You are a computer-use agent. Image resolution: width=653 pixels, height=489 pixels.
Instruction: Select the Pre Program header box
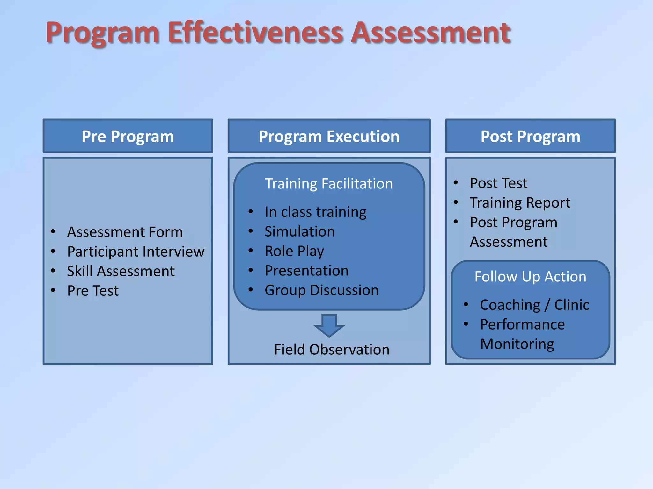pyautogui.click(x=128, y=136)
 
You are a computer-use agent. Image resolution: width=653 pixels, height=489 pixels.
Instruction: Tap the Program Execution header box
pyautogui.click(x=329, y=136)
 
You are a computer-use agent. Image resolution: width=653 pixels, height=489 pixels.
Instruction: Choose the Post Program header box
pyautogui.click(x=530, y=136)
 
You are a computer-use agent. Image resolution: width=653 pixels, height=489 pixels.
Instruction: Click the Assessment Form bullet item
pyautogui.click(x=125, y=232)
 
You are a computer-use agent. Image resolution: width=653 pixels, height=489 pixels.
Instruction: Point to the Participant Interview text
pyautogui.click(x=136, y=252)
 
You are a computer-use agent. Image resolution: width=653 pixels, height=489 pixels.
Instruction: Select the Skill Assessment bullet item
pyautogui.click(x=121, y=271)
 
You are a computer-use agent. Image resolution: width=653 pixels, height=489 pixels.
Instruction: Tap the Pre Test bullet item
pyautogui.click(x=93, y=291)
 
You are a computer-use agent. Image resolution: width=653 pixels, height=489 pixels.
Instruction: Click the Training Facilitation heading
pyautogui.click(x=329, y=184)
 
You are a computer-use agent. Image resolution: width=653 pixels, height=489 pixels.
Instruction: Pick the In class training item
pyautogui.click(x=315, y=212)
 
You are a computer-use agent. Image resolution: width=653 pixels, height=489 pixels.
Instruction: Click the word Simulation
pyautogui.click(x=300, y=231)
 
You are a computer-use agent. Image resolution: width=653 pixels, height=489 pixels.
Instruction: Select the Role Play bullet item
pyautogui.click(x=294, y=251)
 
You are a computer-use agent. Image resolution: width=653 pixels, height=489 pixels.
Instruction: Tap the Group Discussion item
pyautogui.click(x=321, y=290)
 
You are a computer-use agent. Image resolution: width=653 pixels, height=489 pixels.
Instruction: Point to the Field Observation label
pyautogui.click(x=332, y=350)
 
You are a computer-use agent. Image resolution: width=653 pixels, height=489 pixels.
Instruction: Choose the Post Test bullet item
pyautogui.click(x=498, y=183)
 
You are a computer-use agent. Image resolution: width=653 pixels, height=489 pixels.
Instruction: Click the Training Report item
pyautogui.click(x=520, y=203)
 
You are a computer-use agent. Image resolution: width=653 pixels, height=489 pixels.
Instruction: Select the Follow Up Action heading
pyautogui.click(x=530, y=277)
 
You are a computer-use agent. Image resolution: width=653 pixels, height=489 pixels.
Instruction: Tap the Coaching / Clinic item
pyautogui.click(x=534, y=305)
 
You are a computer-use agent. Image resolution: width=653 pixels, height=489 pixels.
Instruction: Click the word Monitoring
pyautogui.click(x=517, y=344)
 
